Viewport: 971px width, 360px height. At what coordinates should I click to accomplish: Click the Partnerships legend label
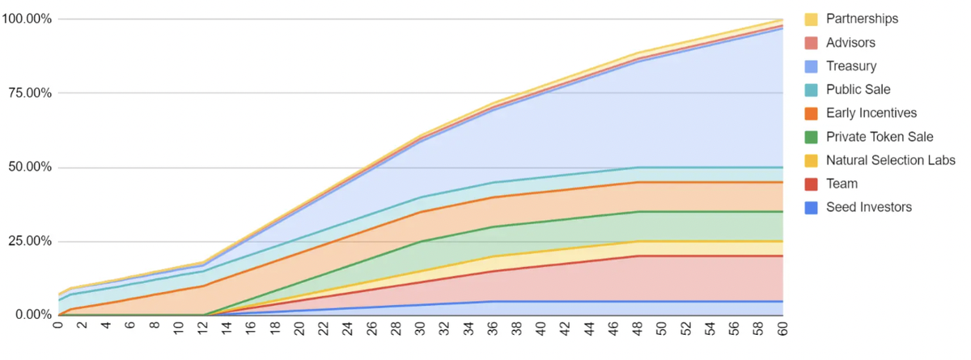tap(862, 19)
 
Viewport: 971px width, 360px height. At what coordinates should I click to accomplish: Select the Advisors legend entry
tap(850, 42)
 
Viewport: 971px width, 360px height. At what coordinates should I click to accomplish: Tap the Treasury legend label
tap(851, 66)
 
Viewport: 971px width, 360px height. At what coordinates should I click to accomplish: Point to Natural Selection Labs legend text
tap(890, 160)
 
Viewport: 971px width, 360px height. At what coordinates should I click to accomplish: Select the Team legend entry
tap(842, 184)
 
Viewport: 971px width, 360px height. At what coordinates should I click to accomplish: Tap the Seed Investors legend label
tap(869, 207)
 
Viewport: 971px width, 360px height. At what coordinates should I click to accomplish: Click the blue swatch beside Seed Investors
tap(812, 208)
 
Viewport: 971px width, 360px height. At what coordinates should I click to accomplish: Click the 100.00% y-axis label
tap(27, 19)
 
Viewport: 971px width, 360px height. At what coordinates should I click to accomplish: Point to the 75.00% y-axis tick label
tap(30, 93)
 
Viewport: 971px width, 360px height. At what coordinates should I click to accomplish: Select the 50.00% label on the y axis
tap(30, 167)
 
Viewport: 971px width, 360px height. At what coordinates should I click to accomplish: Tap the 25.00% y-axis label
tap(30, 241)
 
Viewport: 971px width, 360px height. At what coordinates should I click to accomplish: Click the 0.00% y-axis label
tap(33, 315)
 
